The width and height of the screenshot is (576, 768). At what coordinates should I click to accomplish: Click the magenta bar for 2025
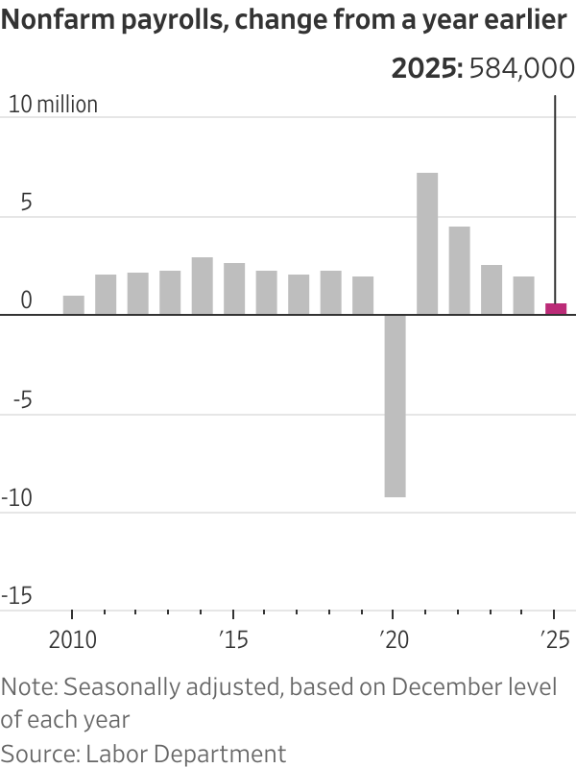click(x=555, y=309)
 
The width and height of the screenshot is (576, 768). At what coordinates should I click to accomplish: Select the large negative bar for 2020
click(x=395, y=406)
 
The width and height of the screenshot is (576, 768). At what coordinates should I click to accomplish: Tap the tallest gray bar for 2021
click(x=427, y=244)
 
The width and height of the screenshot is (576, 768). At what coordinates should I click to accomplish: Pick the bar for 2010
click(x=73, y=305)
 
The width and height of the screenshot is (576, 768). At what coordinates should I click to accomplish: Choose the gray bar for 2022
click(x=459, y=271)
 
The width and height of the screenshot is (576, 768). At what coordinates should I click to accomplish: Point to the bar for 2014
click(x=202, y=286)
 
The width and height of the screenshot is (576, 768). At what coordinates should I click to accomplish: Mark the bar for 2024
click(x=523, y=296)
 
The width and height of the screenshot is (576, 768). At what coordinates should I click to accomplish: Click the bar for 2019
click(x=363, y=296)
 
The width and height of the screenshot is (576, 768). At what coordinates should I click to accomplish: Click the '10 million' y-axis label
click(x=53, y=105)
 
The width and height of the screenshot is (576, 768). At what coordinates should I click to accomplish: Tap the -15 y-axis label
click(x=18, y=597)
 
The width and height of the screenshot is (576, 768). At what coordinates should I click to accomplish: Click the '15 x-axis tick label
click(x=233, y=638)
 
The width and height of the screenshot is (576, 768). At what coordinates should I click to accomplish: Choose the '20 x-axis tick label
click(x=393, y=638)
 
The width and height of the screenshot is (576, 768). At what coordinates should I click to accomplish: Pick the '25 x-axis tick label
click(x=554, y=638)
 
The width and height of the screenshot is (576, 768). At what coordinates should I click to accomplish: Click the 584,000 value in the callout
click(x=521, y=69)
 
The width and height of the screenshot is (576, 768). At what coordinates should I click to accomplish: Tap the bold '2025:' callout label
click(x=426, y=69)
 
